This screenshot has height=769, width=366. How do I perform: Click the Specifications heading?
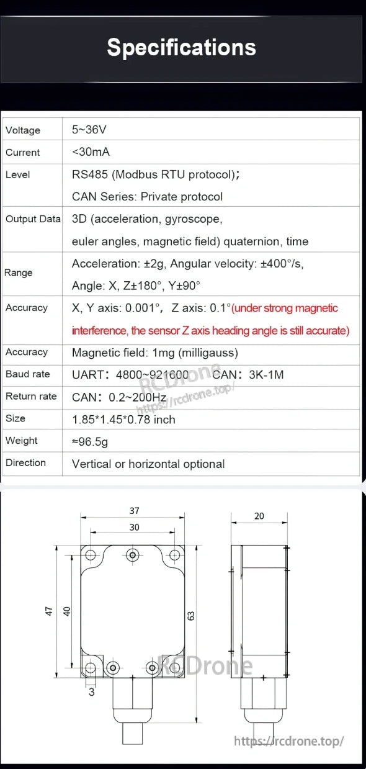181,48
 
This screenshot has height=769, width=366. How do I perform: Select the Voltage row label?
23,130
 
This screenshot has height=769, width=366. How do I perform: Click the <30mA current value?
91,152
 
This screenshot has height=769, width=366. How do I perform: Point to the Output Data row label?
33,219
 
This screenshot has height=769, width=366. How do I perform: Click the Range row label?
18,273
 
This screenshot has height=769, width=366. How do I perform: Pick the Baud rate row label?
27,374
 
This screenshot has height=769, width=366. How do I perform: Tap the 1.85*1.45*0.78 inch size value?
123,420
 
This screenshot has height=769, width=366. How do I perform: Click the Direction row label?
25,463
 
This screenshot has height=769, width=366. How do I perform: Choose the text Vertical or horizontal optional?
148,464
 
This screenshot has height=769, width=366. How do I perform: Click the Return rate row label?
31,397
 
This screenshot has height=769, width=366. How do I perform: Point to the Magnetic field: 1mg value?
154,353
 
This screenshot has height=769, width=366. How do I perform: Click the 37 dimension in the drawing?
134,511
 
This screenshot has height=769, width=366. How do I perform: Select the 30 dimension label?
134,528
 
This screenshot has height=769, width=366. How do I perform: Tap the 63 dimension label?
192,616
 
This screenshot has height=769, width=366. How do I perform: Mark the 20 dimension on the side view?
259,516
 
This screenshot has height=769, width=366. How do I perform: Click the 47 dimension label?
49,611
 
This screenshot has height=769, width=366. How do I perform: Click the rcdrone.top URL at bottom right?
288,741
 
